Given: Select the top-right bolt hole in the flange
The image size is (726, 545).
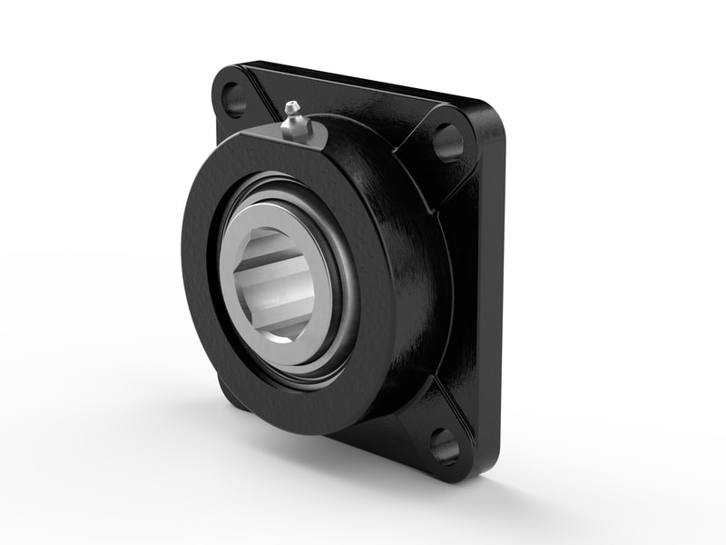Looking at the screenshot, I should (447, 140).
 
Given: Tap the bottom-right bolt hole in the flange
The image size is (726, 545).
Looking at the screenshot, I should (444, 445).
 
